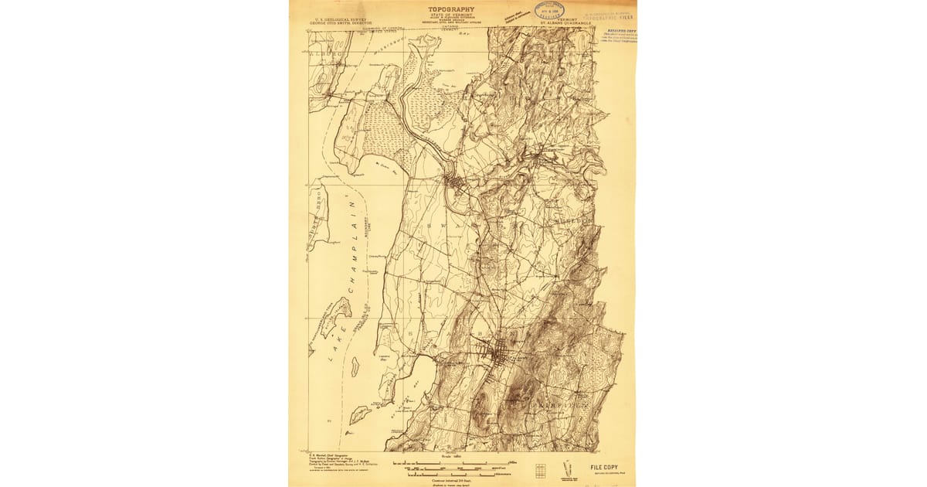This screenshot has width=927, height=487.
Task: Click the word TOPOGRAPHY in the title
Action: click(452, 10)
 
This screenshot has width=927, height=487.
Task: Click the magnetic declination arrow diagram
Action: click(569, 468)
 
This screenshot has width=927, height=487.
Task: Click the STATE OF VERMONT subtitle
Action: click(451, 17)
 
